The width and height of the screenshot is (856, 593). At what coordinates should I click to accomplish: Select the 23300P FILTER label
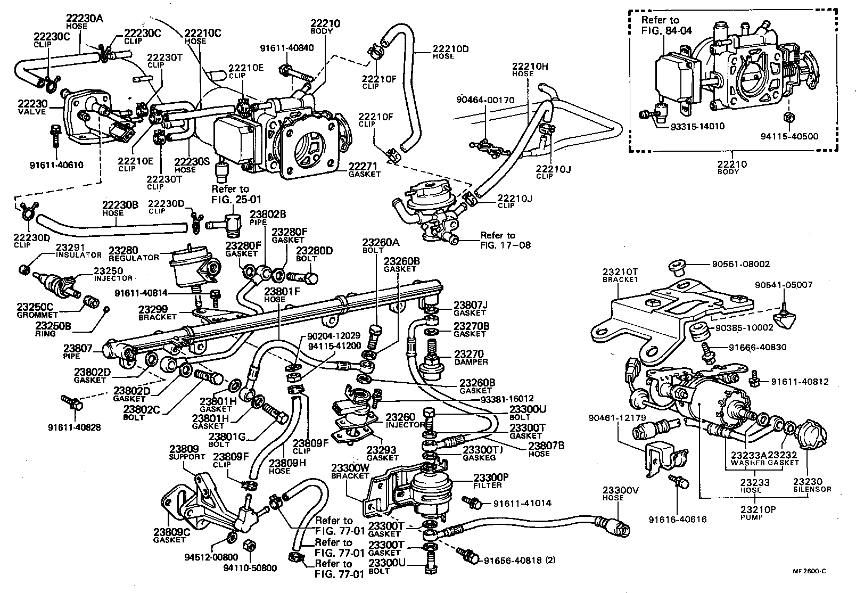click(488, 481)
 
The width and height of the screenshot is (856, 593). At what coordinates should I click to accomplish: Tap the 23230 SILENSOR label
click(811, 485)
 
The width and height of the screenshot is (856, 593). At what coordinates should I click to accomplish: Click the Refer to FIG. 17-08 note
click(497, 240)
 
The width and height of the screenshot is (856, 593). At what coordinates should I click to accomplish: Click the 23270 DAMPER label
click(471, 357)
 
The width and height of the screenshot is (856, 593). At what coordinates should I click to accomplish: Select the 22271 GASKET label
click(365, 170)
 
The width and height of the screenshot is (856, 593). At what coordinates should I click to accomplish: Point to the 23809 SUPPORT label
click(187, 452)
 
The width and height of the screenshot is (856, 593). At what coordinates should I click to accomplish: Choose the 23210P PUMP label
click(757, 513)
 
